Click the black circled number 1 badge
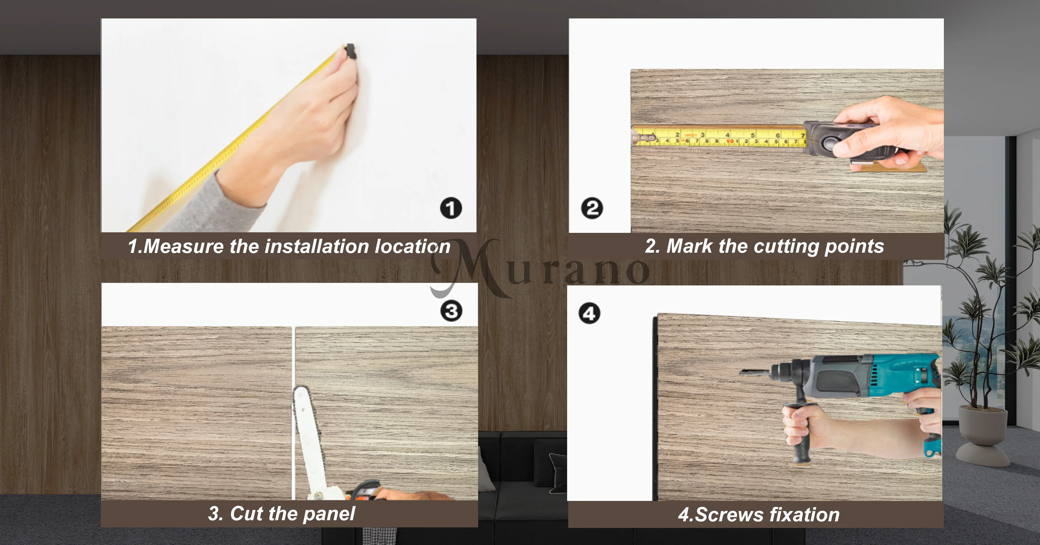(451, 208)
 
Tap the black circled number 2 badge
(592, 208)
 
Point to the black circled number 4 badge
(589, 314)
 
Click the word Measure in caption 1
(183, 246)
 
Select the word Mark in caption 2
(689, 246)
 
